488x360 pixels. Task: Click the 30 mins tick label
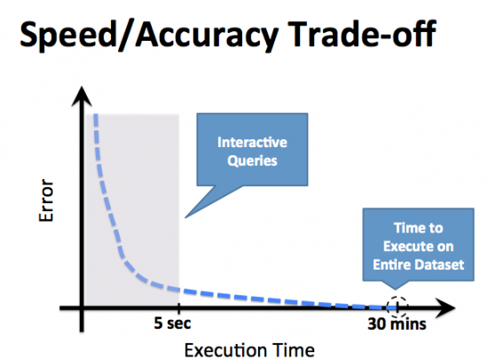(x=397, y=325)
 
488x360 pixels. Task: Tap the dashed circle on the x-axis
(x=398, y=306)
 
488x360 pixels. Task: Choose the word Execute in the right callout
(x=401, y=246)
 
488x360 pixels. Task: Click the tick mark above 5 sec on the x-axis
(x=178, y=309)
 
